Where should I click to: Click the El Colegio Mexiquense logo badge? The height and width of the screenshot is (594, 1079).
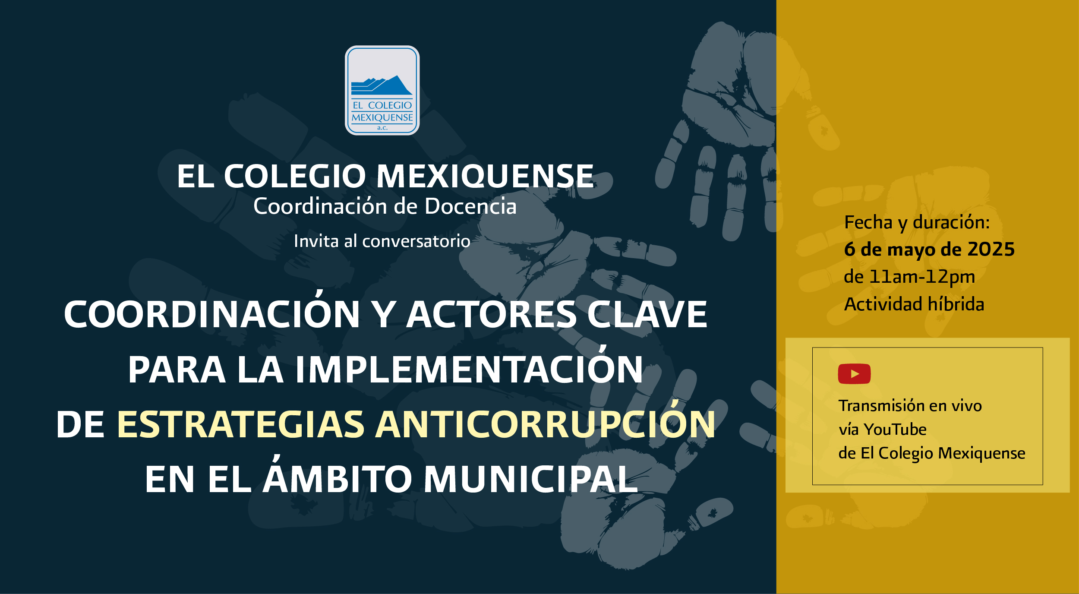382,90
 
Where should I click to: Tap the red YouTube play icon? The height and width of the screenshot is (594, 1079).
854,374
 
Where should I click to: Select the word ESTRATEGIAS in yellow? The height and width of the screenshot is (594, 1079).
241,425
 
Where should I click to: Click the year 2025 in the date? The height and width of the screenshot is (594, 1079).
991,250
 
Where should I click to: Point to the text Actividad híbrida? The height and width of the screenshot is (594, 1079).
914,304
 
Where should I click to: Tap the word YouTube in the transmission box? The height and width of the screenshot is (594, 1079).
895,430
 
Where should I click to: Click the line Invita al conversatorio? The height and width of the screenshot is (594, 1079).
382,241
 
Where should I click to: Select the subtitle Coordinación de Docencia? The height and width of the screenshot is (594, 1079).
385,206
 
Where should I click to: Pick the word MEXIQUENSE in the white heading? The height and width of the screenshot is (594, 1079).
485,177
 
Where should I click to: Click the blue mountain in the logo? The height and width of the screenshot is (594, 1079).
382,85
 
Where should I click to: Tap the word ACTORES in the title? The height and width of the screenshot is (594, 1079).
491,314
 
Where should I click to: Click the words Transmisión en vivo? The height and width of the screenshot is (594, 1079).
910,406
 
